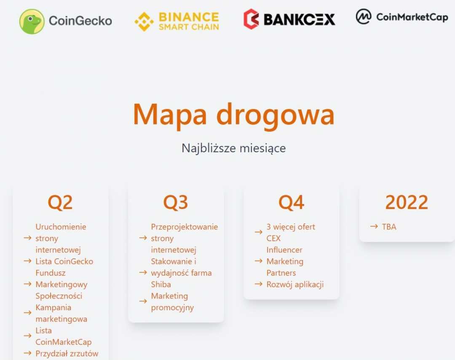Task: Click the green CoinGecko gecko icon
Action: pyautogui.click(x=32, y=21)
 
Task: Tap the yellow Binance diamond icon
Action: pyautogui.click(x=144, y=21)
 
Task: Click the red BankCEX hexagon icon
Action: pyautogui.click(x=251, y=19)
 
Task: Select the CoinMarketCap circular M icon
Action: pyautogui.click(x=364, y=16)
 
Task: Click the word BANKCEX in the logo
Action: pyautogui.click(x=299, y=20)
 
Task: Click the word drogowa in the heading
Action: pyautogui.click(x=276, y=115)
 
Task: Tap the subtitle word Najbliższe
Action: pyautogui.click(x=209, y=148)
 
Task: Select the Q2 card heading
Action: pyautogui.click(x=60, y=202)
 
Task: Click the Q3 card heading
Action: pyautogui.click(x=176, y=202)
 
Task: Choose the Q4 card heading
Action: pyautogui.click(x=291, y=202)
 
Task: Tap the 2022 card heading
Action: pyautogui.click(x=407, y=202)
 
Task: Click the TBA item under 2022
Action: pyautogui.click(x=389, y=227)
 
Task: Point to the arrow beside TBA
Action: pyautogui.click(x=374, y=226)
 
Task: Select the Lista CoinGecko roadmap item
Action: pyautogui.click(x=64, y=261)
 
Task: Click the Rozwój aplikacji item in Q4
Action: pyautogui.click(x=295, y=285)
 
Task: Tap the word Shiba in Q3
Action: pyautogui.click(x=161, y=284)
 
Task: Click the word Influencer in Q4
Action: pyautogui.click(x=284, y=250)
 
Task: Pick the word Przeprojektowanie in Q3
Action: pyautogui.click(x=185, y=227)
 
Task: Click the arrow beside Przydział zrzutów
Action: pyautogui.click(x=27, y=353)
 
